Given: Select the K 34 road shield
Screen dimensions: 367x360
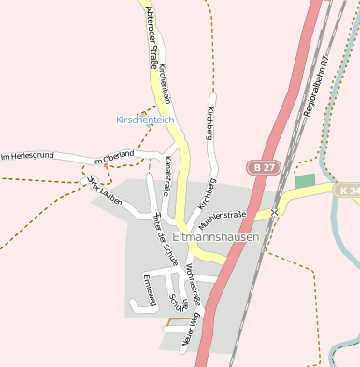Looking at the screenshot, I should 349,190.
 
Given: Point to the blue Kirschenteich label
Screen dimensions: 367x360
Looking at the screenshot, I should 145,120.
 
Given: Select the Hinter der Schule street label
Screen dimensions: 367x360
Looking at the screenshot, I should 163,238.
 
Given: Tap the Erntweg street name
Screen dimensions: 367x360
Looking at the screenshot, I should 148,289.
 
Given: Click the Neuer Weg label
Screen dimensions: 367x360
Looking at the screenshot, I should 192,331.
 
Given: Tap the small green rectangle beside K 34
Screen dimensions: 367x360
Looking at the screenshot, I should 305,180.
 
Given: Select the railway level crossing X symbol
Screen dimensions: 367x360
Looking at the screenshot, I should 275,213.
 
